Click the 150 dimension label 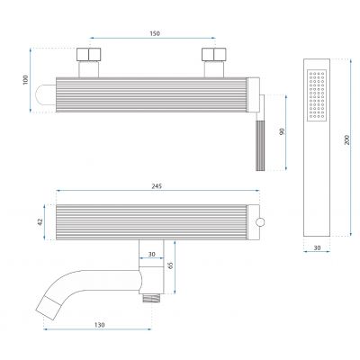pyautogui.click(x=155, y=33)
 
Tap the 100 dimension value pyautogui.click(x=25, y=79)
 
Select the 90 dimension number pyautogui.click(x=282, y=131)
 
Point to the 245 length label pyautogui.click(x=157, y=186)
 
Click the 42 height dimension pyautogui.click(x=40, y=221)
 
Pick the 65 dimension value pyautogui.click(x=171, y=265)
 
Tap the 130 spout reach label pyautogui.click(x=100, y=325)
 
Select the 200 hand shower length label pyautogui.click(x=346, y=140)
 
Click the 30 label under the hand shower pyautogui.click(x=317, y=247)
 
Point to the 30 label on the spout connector pyautogui.click(x=152, y=254)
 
